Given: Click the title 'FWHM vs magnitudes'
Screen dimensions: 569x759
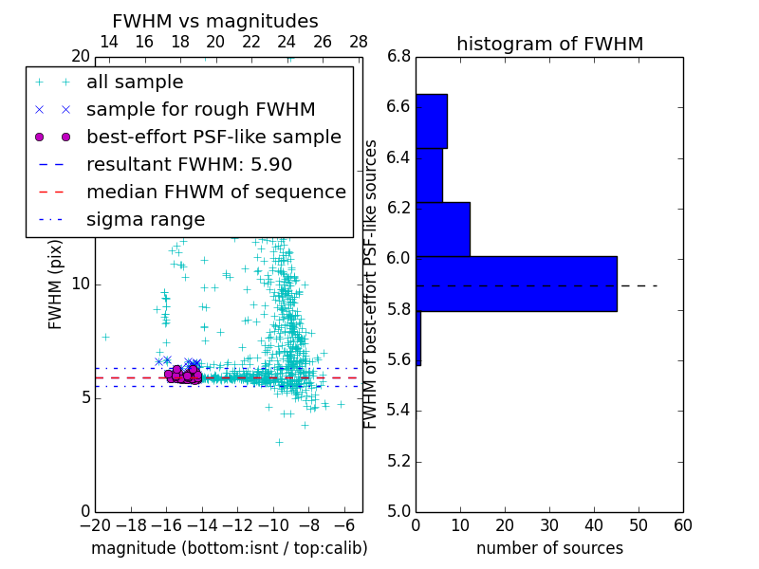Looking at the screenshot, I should tap(214, 21).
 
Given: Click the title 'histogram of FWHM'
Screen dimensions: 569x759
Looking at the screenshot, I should tap(549, 44).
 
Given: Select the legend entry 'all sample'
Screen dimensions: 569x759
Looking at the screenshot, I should tap(135, 83).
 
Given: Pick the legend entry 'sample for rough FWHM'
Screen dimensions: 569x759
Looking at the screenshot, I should tap(200, 110).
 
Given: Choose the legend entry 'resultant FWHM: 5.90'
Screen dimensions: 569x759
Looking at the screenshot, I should tap(189, 165).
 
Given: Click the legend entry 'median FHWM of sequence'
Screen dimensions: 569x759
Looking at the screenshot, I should tap(215, 193).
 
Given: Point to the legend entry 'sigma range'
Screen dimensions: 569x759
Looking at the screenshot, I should tap(145, 220).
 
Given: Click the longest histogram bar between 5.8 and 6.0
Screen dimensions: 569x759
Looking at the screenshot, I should tap(516, 284).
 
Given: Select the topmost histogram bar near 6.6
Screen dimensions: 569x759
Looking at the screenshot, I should tap(431, 120).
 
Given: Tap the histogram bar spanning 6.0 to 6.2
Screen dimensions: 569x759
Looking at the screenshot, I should tap(442, 229).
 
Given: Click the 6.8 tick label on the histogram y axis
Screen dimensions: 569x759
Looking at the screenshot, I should tap(399, 56).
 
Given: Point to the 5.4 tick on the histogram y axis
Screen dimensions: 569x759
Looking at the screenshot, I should tap(399, 411).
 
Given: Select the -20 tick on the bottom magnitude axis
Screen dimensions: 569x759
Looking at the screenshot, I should tap(95, 524).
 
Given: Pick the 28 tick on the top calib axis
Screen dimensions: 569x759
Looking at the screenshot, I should tap(359, 42).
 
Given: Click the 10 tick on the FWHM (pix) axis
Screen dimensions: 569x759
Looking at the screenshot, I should tap(81, 284).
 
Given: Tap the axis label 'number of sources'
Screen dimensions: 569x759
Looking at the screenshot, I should tap(549, 548).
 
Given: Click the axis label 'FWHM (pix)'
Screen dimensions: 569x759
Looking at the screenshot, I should tap(56, 284).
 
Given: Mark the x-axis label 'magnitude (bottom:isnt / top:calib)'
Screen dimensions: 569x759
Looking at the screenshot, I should tap(229, 548).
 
